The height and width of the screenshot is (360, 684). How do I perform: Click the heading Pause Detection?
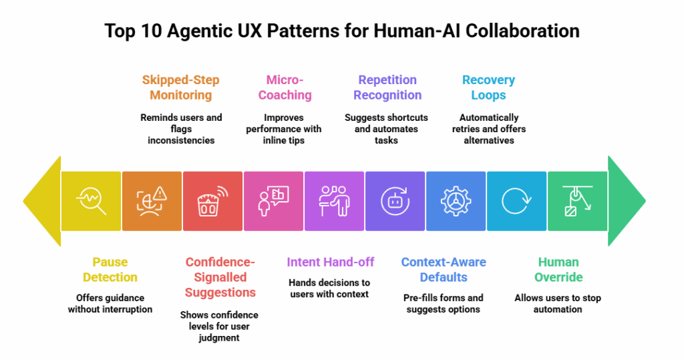tap(110, 269)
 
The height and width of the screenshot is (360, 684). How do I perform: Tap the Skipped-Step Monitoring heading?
tap(180, 87)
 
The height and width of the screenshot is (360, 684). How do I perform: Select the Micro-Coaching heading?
tap(285, 87)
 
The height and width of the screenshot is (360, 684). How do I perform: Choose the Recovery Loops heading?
tap(488, 87)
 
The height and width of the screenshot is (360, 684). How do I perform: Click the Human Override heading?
tap(558, 269)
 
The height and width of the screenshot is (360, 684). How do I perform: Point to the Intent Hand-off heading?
tap(330, 262)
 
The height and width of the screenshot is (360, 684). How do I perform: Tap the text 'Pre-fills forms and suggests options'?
tap(443, 304)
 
